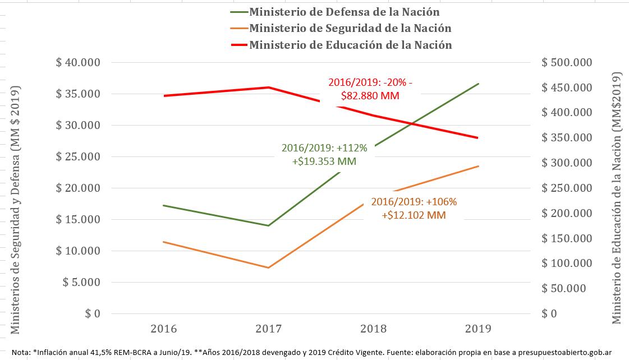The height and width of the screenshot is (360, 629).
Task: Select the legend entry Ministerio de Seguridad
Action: [x=350, y=28]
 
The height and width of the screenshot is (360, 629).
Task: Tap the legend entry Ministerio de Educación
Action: [x=351, y=45]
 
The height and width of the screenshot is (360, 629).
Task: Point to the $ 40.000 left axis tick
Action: [x=78, y=62]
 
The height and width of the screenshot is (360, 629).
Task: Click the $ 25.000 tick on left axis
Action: [x=78, y=156]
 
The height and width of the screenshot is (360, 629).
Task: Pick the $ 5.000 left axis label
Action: [x=81, y=282]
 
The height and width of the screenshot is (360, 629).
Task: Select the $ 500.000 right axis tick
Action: [x=566, y=62]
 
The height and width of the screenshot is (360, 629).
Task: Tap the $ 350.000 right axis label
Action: [x=566, y=138]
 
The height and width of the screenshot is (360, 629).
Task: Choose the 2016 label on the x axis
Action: [x=164, y=328]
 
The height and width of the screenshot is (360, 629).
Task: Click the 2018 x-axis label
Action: [x=373, y=328]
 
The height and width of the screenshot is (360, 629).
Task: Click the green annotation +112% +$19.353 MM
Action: [x=324, y=154]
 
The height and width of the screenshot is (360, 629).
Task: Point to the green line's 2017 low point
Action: [x=269, y=225]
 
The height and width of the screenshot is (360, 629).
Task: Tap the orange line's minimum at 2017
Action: [x=269, y=267]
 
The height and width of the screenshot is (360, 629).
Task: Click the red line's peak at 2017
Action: [x=269, y=87]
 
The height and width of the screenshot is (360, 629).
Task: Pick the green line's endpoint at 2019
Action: [x=478, y=84]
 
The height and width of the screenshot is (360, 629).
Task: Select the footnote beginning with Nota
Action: [x=311, y=352]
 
